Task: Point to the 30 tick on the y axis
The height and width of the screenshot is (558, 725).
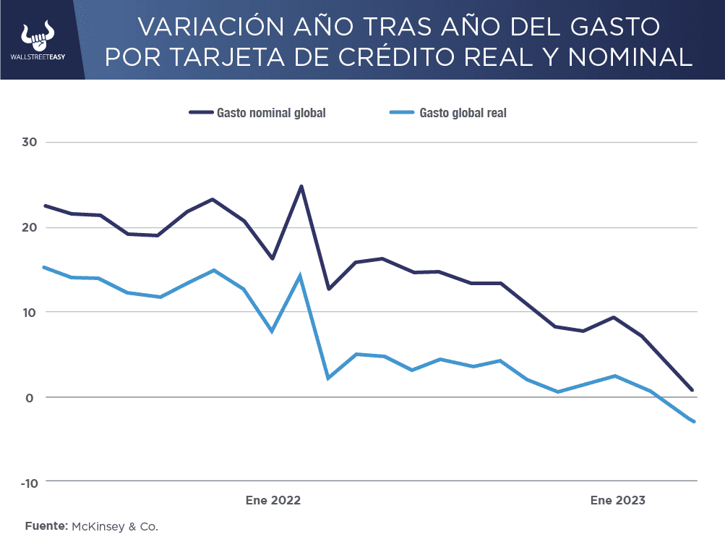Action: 30,143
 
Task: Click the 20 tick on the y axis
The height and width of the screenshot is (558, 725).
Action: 30,227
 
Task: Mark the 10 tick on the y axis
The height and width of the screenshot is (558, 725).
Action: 30,312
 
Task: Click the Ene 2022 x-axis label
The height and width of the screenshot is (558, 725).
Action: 273,500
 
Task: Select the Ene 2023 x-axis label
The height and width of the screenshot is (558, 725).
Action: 617,500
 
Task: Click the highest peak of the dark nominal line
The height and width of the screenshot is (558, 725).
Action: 301,186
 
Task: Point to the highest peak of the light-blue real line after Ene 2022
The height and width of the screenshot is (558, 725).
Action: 300,276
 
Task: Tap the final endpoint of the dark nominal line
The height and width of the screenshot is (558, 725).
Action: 692,390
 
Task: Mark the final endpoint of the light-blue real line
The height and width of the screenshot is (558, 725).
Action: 694,421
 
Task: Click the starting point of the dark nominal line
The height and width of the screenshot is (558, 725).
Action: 45,206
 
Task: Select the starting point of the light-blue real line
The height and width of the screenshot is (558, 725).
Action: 45,267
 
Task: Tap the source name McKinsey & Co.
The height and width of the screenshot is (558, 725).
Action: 115,526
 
